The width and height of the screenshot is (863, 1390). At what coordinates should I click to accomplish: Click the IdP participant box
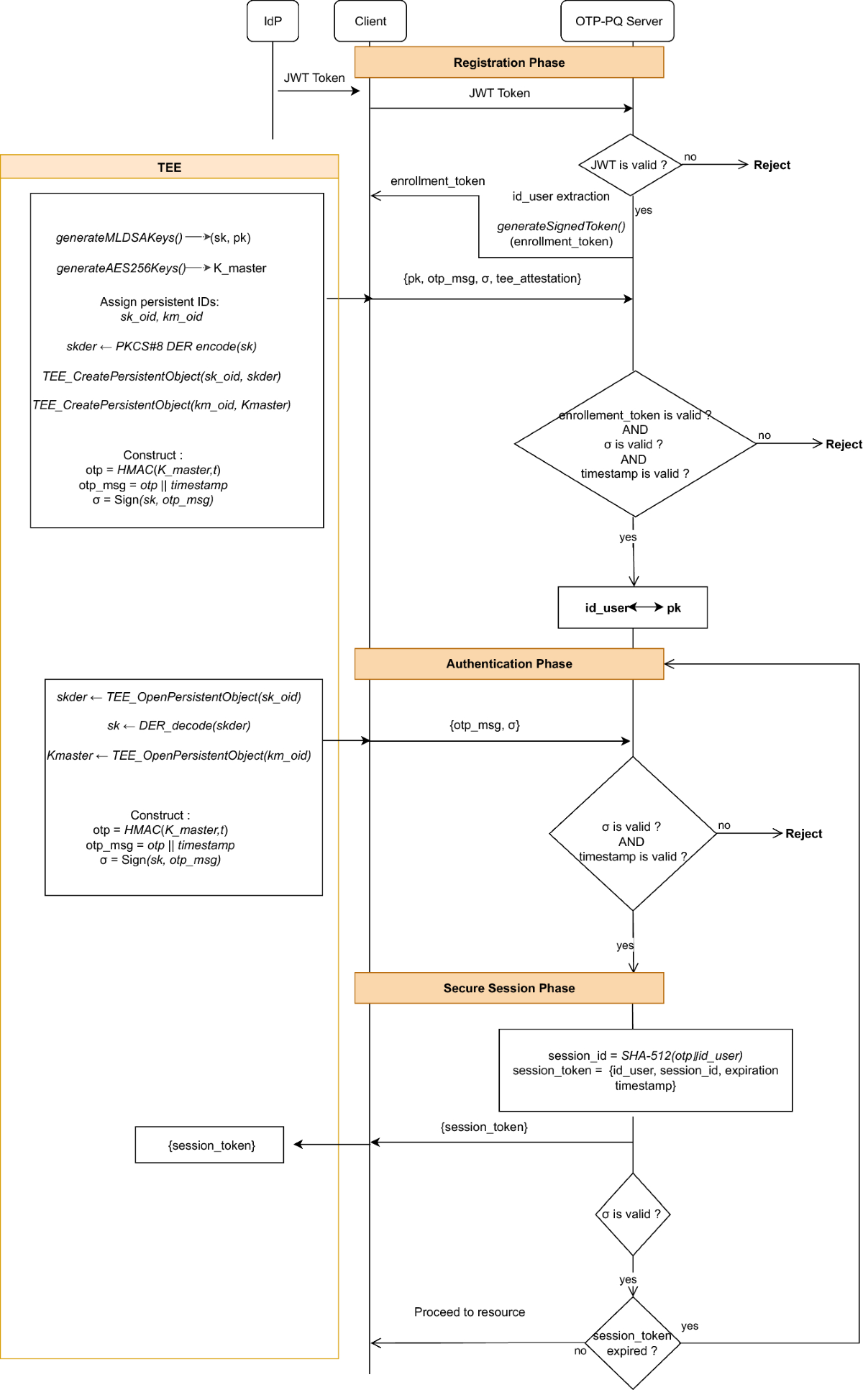point(273,22)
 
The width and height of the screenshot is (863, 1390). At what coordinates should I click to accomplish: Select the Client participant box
point(370,22)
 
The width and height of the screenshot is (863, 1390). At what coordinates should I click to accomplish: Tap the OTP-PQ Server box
point(618,22)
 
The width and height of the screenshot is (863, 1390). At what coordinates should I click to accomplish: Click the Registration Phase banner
point(508,63)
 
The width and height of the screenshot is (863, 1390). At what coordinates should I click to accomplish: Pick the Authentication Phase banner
point(508,663)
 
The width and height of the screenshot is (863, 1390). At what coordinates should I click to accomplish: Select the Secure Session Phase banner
point(508,988)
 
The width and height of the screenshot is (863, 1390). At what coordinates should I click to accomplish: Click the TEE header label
point(169,167)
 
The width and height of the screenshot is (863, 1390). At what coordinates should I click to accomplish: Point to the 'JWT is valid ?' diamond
point(630,165)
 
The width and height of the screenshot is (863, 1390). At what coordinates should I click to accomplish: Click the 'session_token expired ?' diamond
point(632,1343)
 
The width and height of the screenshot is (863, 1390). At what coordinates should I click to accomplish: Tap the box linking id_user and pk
point(632,608)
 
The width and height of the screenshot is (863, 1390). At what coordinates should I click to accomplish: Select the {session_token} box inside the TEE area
point(210,1145)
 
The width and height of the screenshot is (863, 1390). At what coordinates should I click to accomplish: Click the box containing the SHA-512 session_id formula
point(645,1070)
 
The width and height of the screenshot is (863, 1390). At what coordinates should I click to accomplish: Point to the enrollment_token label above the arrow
point(437,181)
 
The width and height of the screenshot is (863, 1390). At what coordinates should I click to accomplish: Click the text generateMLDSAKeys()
point(119,237)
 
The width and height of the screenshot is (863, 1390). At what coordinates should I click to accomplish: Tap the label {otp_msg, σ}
point(484,725)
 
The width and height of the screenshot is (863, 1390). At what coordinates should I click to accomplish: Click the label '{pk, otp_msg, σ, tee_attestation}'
point(492,278)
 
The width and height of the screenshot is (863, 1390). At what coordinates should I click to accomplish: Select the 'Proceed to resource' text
point(469,1312)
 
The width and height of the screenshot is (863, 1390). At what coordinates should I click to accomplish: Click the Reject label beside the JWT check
point(772,165)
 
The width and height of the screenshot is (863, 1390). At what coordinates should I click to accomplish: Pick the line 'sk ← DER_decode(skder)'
point(179,725)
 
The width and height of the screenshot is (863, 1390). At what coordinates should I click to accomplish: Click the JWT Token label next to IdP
point(314,78)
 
